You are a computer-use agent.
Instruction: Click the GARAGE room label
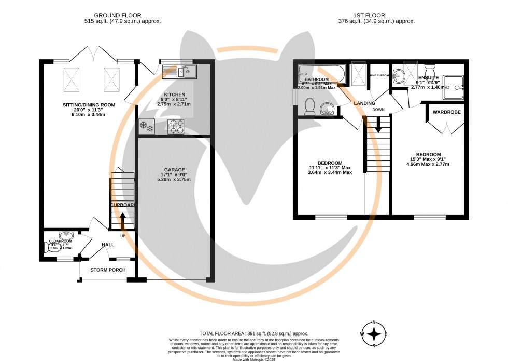174,170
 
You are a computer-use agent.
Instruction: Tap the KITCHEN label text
174,95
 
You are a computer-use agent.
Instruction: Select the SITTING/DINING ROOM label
89,105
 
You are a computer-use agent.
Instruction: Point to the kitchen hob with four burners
177,127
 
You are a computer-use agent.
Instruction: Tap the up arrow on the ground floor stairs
122,217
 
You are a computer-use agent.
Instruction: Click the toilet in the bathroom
310,106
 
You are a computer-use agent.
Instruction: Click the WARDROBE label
443,112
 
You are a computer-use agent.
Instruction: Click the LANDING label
364,103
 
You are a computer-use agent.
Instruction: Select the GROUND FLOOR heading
122,16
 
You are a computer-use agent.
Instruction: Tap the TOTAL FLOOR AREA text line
254,333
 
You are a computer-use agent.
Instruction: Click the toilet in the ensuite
430,69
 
